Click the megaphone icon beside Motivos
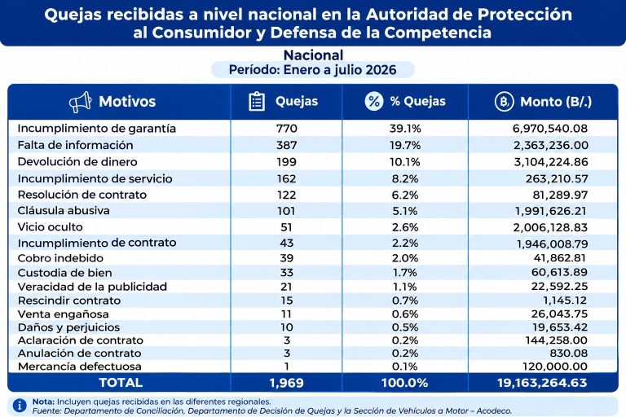click(x=80, y=102)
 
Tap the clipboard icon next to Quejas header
click(x=257, y=101)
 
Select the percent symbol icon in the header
click(x=373, y=101)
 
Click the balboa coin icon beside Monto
click(x=504, y=102)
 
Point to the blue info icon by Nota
click(x=20, y=406)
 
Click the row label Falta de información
click(x=75, y=145)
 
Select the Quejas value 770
click(x=286, y=129)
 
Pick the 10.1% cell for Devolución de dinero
click(x=405, y=162)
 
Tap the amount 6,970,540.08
click(x=549, y=129)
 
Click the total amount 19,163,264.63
click(x=542, y=383)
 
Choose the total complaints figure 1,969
click(x=286, y=383)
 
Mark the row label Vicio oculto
click(x=50, y=227)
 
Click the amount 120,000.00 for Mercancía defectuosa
click(x=555, y=367)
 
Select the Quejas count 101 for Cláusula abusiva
click(x=286, y=211)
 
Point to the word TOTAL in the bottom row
click(x=121, y=383)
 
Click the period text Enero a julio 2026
click(x=340, y=70)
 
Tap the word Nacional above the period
click(x=313, y=55)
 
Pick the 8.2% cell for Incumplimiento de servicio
click(x=405, y=178)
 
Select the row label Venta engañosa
click(x=63, y=314)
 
